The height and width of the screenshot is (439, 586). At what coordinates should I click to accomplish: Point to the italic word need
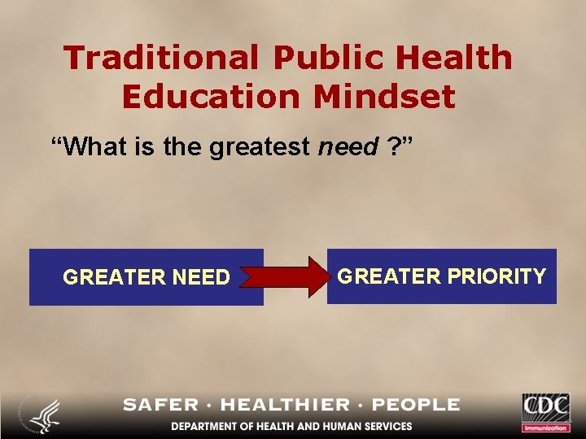click(348, 147)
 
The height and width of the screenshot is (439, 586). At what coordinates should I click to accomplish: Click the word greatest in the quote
click(260, 147)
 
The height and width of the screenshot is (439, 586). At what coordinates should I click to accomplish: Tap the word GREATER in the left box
click(115, 278)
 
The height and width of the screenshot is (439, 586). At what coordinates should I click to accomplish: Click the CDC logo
click(546, 411)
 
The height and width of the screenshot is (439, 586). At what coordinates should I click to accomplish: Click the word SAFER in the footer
click(160, 405)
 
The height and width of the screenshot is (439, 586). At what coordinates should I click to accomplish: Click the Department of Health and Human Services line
click(291, 426)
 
